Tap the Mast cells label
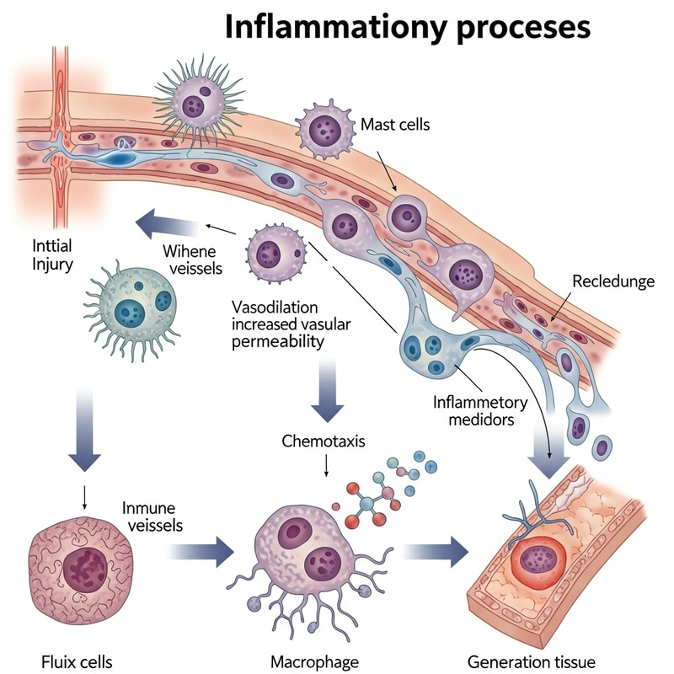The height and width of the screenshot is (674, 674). tap(395, 125)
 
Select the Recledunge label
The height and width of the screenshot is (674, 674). tap(612, 281)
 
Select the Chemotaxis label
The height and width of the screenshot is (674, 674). tap(324, 441)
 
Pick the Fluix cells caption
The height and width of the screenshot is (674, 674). tap(65, 656)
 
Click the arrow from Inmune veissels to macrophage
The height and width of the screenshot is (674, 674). tap(203, 553)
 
